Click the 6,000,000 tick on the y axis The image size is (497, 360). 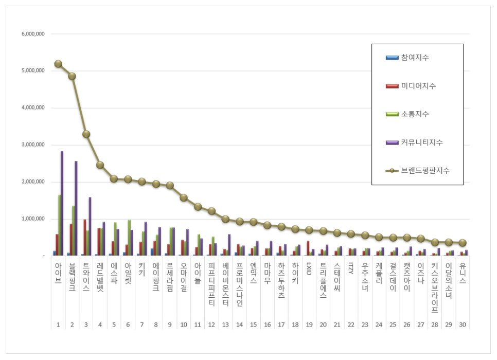coord(33,34)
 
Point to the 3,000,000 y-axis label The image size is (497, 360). coord(33,145)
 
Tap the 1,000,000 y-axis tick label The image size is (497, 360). coord(33,219)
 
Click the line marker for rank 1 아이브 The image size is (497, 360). coord(58,64)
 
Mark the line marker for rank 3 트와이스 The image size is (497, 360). coord(86,134)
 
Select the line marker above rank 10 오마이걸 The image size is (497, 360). coord(184,197)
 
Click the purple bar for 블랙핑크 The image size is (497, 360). coord(76,208)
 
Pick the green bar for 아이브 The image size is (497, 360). coord(59,225)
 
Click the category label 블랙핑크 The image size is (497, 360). coord(72,278)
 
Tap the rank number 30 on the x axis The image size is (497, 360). coord(463,325)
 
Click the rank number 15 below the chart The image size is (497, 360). coord(253,325)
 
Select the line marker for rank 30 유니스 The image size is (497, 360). coord(463,243)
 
